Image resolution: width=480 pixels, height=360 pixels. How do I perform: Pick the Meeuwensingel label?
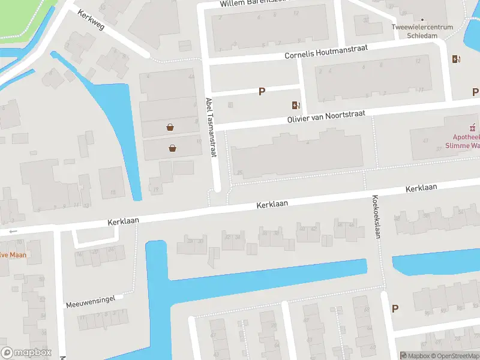(x=91, y=299)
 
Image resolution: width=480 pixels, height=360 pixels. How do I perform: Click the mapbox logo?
(x=26, y=353)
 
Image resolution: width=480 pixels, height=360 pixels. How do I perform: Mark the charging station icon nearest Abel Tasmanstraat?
(x=295, y=106)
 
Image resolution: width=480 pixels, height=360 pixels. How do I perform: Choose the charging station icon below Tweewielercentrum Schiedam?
(x=456, y=59)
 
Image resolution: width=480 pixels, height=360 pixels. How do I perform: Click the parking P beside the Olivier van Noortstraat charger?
(x=262, y=91)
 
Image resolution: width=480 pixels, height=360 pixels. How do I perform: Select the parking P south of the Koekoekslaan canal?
(x=395, y=308)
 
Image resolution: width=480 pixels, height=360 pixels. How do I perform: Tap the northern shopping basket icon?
(x=170, y=127)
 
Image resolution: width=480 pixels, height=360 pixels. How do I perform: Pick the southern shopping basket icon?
(x=173, y=148)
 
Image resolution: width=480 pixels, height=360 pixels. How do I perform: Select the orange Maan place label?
(x=12, y=254)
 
